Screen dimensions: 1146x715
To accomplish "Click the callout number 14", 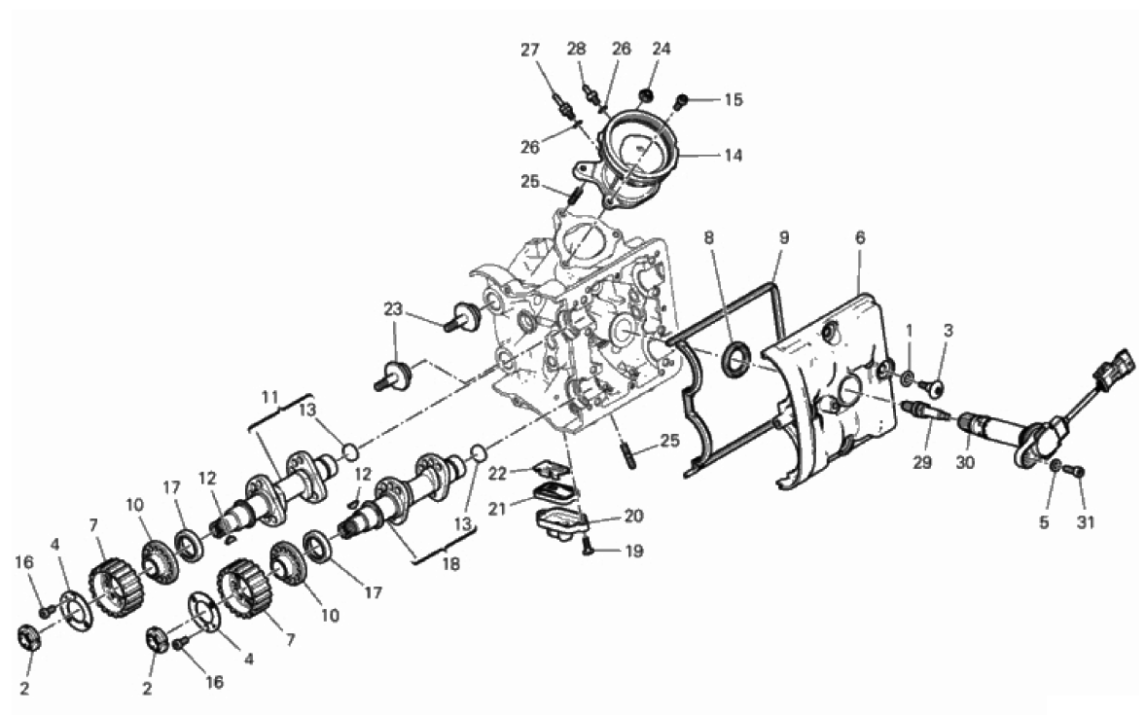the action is pyautogui.click(x=734, y=155).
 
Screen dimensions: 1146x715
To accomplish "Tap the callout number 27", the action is pyautogui.click(x=530, y=50).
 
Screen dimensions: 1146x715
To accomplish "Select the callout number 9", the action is pyautogui.click(x=783, y=236).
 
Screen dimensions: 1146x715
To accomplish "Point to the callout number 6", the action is pyautogui.click(x=860, y=236).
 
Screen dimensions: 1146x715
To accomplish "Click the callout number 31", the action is pyautogui.click(x=1086, y=522).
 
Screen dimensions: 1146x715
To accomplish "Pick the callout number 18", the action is pyautogui.click(x=451, y=563).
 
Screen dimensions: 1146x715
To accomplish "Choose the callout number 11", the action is pyautogui.click(x=270, y=398).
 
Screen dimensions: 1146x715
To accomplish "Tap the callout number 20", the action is pyautogui.click(x=633, y=516).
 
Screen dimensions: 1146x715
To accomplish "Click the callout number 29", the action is pyautogui.click(x=922, y=462).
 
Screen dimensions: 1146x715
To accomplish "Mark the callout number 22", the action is pyautogui.click(x=498, y=474).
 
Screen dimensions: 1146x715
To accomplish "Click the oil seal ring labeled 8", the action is pyautogui.click(x=735, y=361).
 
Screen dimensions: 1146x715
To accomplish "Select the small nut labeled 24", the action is pyautogui.click(x=646, y=95).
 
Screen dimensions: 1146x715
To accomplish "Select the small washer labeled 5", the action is pyautogui.click(x=1056, y=466).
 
